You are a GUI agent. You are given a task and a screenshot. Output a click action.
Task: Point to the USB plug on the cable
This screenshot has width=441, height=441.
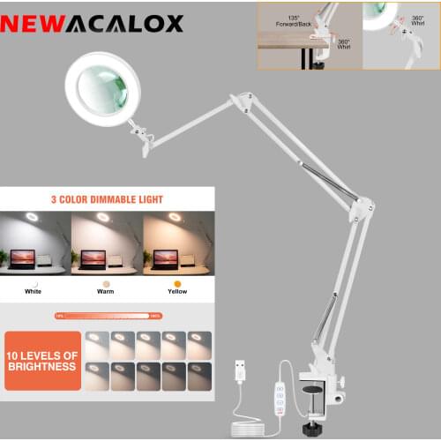coord(239,370)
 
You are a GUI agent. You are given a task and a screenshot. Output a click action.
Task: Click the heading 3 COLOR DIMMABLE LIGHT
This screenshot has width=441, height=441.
coord(107,199)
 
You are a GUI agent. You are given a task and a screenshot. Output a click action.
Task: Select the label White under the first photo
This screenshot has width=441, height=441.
coord(33,291)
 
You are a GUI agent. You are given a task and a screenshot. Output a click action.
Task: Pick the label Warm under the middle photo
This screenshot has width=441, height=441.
coord(105,291)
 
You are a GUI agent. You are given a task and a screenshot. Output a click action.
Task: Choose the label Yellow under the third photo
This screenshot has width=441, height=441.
coord(176,291)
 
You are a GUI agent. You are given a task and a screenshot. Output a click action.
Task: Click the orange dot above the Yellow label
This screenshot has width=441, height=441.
coord(177,283)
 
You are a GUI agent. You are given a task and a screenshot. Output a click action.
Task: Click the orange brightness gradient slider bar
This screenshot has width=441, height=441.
coord(108,315)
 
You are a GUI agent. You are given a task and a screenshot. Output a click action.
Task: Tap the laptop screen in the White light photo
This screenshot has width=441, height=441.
coord(22,258)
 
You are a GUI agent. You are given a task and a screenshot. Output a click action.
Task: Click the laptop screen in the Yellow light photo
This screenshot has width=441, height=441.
coord(166,258)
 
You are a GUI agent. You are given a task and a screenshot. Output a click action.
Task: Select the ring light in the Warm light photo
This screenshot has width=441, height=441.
coord(103,217)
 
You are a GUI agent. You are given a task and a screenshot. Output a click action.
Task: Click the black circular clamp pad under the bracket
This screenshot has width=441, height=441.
coord(311,388)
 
